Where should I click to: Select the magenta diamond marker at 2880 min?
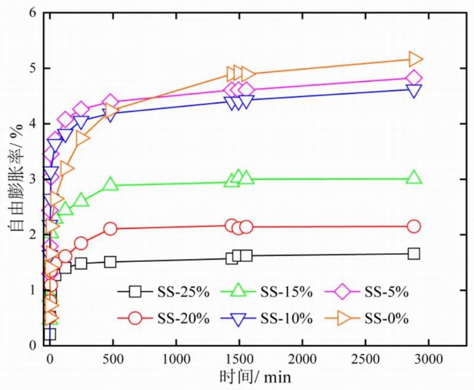tap(414, 78)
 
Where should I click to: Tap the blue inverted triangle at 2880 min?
tap(414, 90)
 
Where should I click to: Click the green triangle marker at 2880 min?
tap(414, 178)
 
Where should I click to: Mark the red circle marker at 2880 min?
tap(414, 226)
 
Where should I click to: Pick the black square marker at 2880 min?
tap(414, 254)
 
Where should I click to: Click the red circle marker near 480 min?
tap(110, 229)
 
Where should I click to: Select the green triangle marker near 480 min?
tap(110, 184)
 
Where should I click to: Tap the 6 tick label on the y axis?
tap(33, 13)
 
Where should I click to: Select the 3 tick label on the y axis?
tap(33, 179)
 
